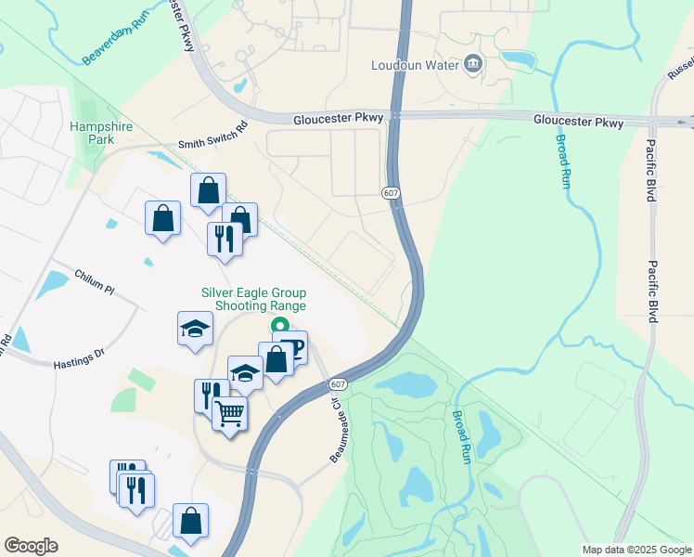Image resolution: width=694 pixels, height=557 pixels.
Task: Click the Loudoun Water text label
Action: point(415,65)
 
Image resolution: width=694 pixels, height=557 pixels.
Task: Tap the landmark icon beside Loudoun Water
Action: point(473,64)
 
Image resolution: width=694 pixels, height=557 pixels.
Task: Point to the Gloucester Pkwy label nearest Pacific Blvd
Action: point(578,122)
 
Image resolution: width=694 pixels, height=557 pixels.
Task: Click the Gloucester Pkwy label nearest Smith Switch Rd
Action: point(337,120)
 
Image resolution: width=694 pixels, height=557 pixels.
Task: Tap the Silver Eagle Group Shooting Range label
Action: point(254,298)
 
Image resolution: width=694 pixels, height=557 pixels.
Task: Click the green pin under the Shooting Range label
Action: point(278,326)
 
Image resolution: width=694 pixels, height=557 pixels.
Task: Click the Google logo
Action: point(32,546)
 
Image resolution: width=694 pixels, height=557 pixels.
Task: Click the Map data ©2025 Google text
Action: point(636,550)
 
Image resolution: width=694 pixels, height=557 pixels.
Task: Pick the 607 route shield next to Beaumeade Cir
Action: point(338,383)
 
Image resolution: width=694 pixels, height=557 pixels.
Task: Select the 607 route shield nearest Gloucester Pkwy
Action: point(391,191)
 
